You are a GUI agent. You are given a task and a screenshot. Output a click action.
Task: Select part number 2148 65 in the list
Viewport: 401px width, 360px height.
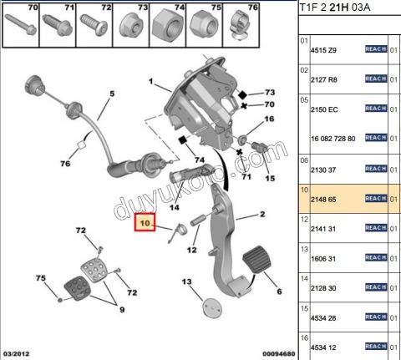325,199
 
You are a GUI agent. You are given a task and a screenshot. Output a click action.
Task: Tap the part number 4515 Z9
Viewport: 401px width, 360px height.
325,50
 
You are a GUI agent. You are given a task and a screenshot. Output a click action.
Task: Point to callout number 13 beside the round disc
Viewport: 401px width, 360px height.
187,282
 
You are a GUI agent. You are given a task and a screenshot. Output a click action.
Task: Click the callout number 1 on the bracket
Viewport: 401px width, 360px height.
152,83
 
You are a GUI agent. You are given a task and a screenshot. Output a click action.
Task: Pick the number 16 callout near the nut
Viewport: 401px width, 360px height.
269,119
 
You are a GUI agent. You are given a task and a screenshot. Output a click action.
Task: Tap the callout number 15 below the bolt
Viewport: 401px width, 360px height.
269,179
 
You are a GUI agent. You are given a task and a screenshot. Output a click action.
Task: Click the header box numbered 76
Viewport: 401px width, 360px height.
241,28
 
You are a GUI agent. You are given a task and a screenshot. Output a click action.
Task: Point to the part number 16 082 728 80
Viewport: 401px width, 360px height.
333,138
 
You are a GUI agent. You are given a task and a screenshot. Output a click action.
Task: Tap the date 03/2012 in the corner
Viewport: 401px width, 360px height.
18,354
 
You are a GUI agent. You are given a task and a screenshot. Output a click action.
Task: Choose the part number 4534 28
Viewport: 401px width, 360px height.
325,317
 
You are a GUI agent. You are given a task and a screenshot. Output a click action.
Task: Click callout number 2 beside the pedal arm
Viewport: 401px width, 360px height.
262,215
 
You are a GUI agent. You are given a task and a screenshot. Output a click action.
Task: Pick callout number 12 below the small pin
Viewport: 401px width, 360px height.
191,250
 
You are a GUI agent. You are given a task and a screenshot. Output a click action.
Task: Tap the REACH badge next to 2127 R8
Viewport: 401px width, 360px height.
376,78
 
